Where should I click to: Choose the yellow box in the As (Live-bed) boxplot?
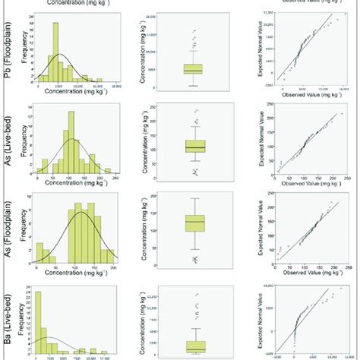(195, 145)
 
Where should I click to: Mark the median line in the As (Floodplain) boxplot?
(195, 222)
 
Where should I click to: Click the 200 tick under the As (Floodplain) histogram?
(113, 270)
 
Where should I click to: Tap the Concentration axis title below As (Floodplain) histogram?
(73, 276)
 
